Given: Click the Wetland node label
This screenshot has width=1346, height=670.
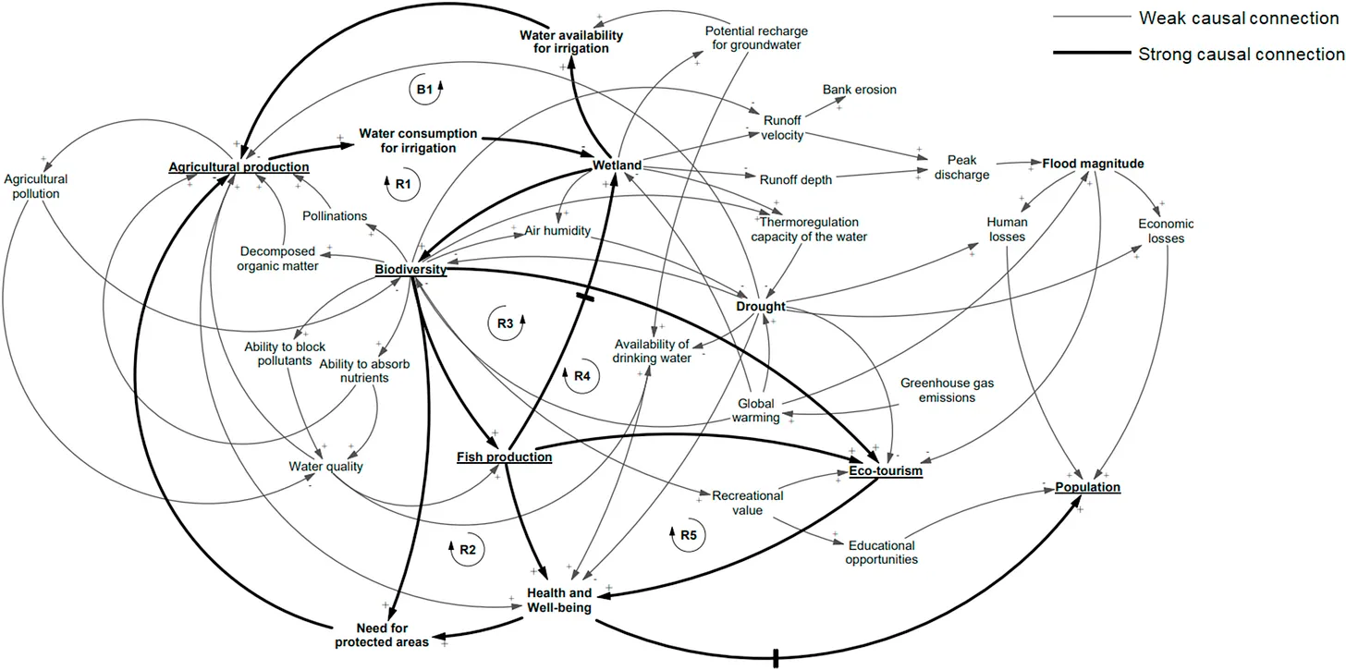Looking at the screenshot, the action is point(617,165).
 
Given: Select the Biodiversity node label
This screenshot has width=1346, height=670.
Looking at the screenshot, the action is point(410,269).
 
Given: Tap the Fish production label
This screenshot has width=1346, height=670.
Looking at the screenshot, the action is point(504,457).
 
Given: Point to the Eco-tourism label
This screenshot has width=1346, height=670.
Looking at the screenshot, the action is point(885,470).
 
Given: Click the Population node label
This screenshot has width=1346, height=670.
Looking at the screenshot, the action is point(1087,487).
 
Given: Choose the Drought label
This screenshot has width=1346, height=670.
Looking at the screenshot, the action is point(761,307).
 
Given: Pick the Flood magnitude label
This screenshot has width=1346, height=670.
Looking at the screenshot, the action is point(1093,164).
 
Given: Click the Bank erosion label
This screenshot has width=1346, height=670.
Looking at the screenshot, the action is point(860,90).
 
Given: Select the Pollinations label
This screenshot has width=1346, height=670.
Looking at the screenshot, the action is point(335,215).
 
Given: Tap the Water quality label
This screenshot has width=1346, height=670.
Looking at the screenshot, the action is point(325,467).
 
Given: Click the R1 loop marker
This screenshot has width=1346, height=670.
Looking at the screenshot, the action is point(403,184).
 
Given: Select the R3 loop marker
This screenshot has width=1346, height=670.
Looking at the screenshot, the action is point(506,323).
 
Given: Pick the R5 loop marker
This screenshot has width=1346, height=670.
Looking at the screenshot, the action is point(688,535).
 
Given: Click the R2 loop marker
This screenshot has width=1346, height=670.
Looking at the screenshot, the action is point(467,549).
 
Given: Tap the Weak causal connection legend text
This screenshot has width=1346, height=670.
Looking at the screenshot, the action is point(1239,18).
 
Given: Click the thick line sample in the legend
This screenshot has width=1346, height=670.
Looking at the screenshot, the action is point(1091,53).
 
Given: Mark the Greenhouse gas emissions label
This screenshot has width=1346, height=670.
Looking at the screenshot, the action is point(947,390).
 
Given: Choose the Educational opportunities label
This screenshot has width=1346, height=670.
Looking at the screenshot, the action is point(882,553).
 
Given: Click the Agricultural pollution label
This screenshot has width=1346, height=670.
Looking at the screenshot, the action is point(36,187).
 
